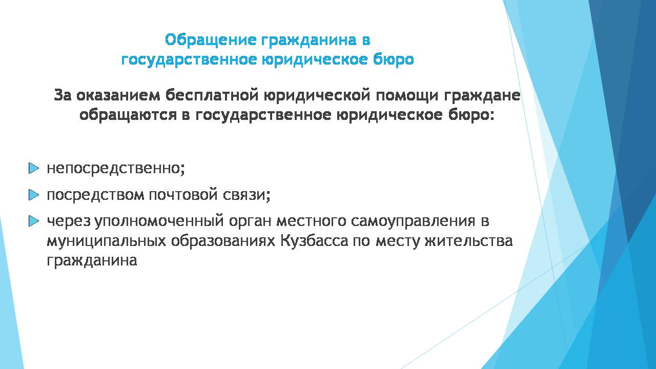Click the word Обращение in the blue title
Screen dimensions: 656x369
click(211, 40)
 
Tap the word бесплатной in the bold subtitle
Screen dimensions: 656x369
click(212, 95)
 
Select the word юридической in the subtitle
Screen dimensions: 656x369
click(317, 96)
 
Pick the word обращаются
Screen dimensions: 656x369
click(128, 115)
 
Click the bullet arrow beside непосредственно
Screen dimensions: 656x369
click(34, 169)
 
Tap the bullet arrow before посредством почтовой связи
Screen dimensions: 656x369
click(34, 195)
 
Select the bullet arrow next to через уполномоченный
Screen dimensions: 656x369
click(34, 221)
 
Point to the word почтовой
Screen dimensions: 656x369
click(183, 195)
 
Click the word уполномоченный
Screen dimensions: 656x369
click(159, 221)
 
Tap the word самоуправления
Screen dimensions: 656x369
click(413, 221)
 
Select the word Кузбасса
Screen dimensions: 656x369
click(314, 241)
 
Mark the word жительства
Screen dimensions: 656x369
click(469, 241)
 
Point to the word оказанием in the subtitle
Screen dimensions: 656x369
click(118, 96)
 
